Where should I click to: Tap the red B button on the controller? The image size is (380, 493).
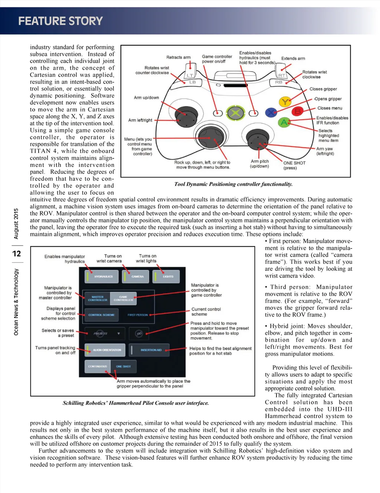297,111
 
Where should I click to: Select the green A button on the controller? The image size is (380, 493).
284,122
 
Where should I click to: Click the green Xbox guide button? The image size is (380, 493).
235,113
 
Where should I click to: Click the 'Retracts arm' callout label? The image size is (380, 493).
178,57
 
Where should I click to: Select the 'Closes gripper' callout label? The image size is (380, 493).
323,89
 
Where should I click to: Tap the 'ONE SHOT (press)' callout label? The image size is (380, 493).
294,165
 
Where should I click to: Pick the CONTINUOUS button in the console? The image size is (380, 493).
97,367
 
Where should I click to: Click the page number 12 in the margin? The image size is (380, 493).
16,254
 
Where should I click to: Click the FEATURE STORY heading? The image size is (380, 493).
60,21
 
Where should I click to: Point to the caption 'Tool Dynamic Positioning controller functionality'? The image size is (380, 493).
233,184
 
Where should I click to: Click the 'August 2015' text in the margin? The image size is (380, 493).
16,224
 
